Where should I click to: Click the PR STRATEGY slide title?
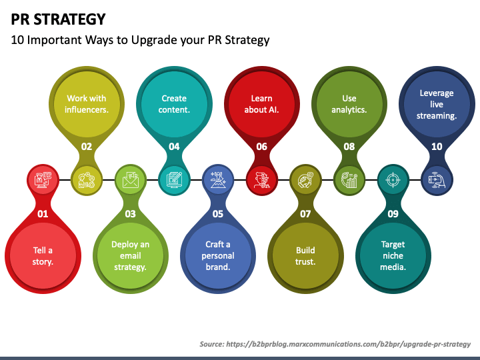click(x=58, y=18)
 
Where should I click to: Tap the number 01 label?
click(x=42, y=214)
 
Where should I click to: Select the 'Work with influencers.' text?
click(x=87, y=104)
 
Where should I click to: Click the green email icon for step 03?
click(x=129, y=179)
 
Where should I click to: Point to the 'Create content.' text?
click(x=174, y=104)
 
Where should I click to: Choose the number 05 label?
click(x=217, y=214)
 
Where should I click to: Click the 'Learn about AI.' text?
click(x=261, y=104)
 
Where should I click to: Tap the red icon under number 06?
click(x=261, y=179)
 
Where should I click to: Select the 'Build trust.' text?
click(x=305, y=256)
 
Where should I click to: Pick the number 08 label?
click(x=349, y=146)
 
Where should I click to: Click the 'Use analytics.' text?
click(x=349, y=104)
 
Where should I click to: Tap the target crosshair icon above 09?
click(x=393, y=179)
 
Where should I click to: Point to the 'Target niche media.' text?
click(x=393, y=256)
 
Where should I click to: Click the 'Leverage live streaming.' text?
click(x=437, y=104)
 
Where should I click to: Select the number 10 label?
click(x=437, y=146)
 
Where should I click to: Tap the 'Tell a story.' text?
click(x=43, y=256)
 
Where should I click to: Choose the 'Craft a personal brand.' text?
click(x=217, y=256)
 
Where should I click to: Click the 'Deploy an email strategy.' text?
click(x=130, y=256)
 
